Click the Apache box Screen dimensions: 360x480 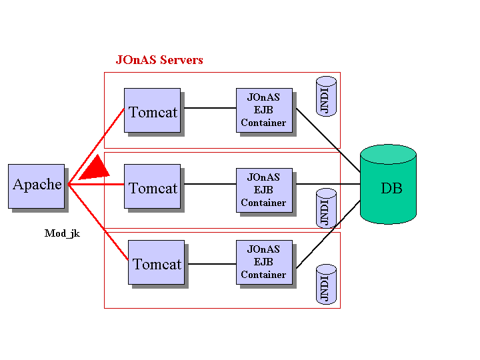point(36,185)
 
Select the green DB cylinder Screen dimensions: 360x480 point(388,185)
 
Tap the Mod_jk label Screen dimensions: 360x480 point(62,233)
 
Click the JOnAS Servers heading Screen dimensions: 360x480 point(159,60)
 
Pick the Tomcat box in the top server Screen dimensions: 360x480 point(152,111)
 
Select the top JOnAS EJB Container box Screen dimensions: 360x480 point(264,110)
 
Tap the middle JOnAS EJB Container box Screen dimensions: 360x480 point(264,190)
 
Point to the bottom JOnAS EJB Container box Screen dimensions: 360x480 point(264,262)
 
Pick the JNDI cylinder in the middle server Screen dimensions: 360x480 point(326,208)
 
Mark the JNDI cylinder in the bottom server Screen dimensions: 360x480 point(326,285)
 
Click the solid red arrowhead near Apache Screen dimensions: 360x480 point(96,168)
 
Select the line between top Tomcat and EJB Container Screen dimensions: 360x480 point(208,108)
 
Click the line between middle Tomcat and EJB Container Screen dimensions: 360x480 point(208,184)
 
